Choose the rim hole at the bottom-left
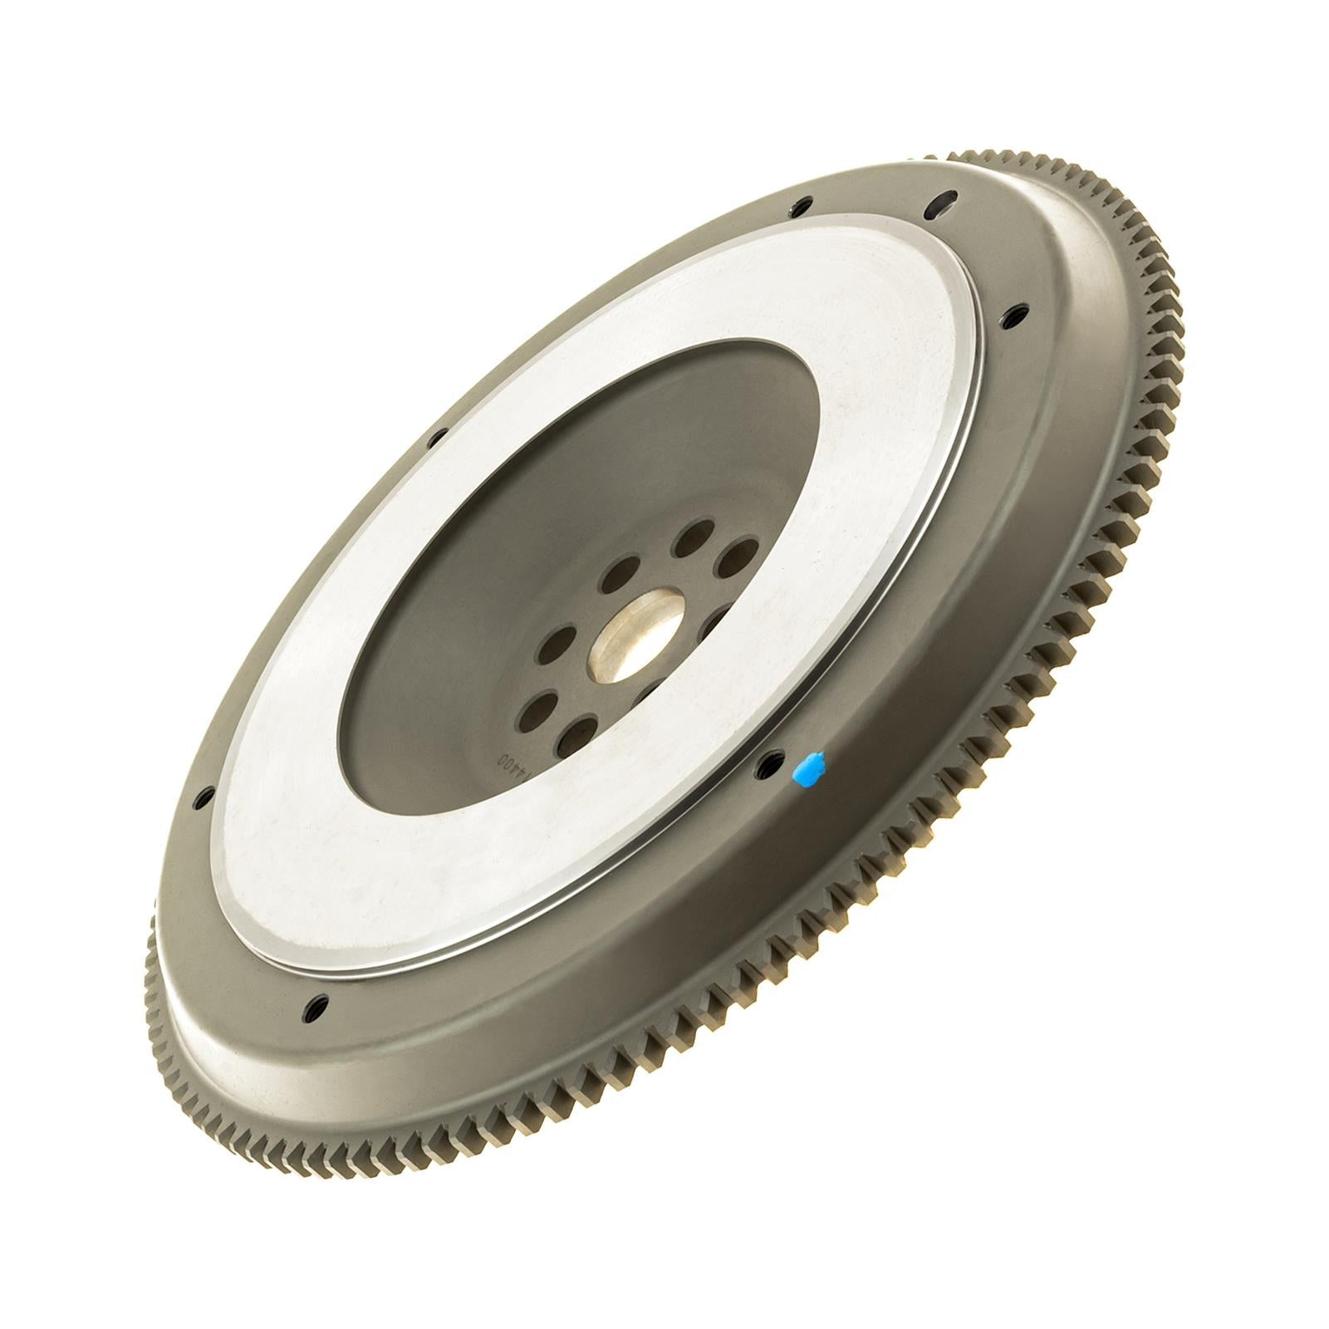[x=316, y=1008]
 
